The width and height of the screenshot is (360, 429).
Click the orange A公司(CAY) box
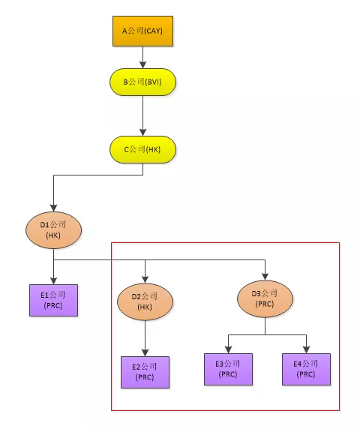click(142, 31)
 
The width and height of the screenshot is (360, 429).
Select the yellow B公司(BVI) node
click(142, 82)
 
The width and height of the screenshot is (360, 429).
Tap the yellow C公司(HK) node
click(142, 149)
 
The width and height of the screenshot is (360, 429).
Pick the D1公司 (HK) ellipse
click(53, 230)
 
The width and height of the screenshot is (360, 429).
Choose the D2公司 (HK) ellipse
click(145, 301)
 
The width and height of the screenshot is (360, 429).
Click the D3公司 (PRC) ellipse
click(265, 298)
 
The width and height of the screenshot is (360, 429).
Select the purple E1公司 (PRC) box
click(53, 300)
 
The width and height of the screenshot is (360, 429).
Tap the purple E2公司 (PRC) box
click(145, 372)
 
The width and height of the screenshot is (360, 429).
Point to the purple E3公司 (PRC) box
click(229, 369)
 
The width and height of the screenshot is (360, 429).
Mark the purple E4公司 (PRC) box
click(307, 369)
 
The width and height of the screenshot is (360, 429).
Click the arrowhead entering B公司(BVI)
click(142, 64)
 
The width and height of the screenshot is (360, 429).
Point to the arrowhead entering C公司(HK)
click(142, 132)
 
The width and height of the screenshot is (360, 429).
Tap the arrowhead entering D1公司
click(53, 208)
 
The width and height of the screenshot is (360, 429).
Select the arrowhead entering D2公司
click(145, 280)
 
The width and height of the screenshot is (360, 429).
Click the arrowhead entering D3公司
click(265, 277)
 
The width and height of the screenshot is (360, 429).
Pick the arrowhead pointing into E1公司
click(53, 280)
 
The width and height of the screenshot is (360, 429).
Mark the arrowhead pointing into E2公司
click(145, 352)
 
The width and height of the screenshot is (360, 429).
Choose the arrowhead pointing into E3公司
click(229, 349)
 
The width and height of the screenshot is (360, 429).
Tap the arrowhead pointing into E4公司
click(307, 349)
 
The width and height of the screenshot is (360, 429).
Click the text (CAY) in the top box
click(153, 31)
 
